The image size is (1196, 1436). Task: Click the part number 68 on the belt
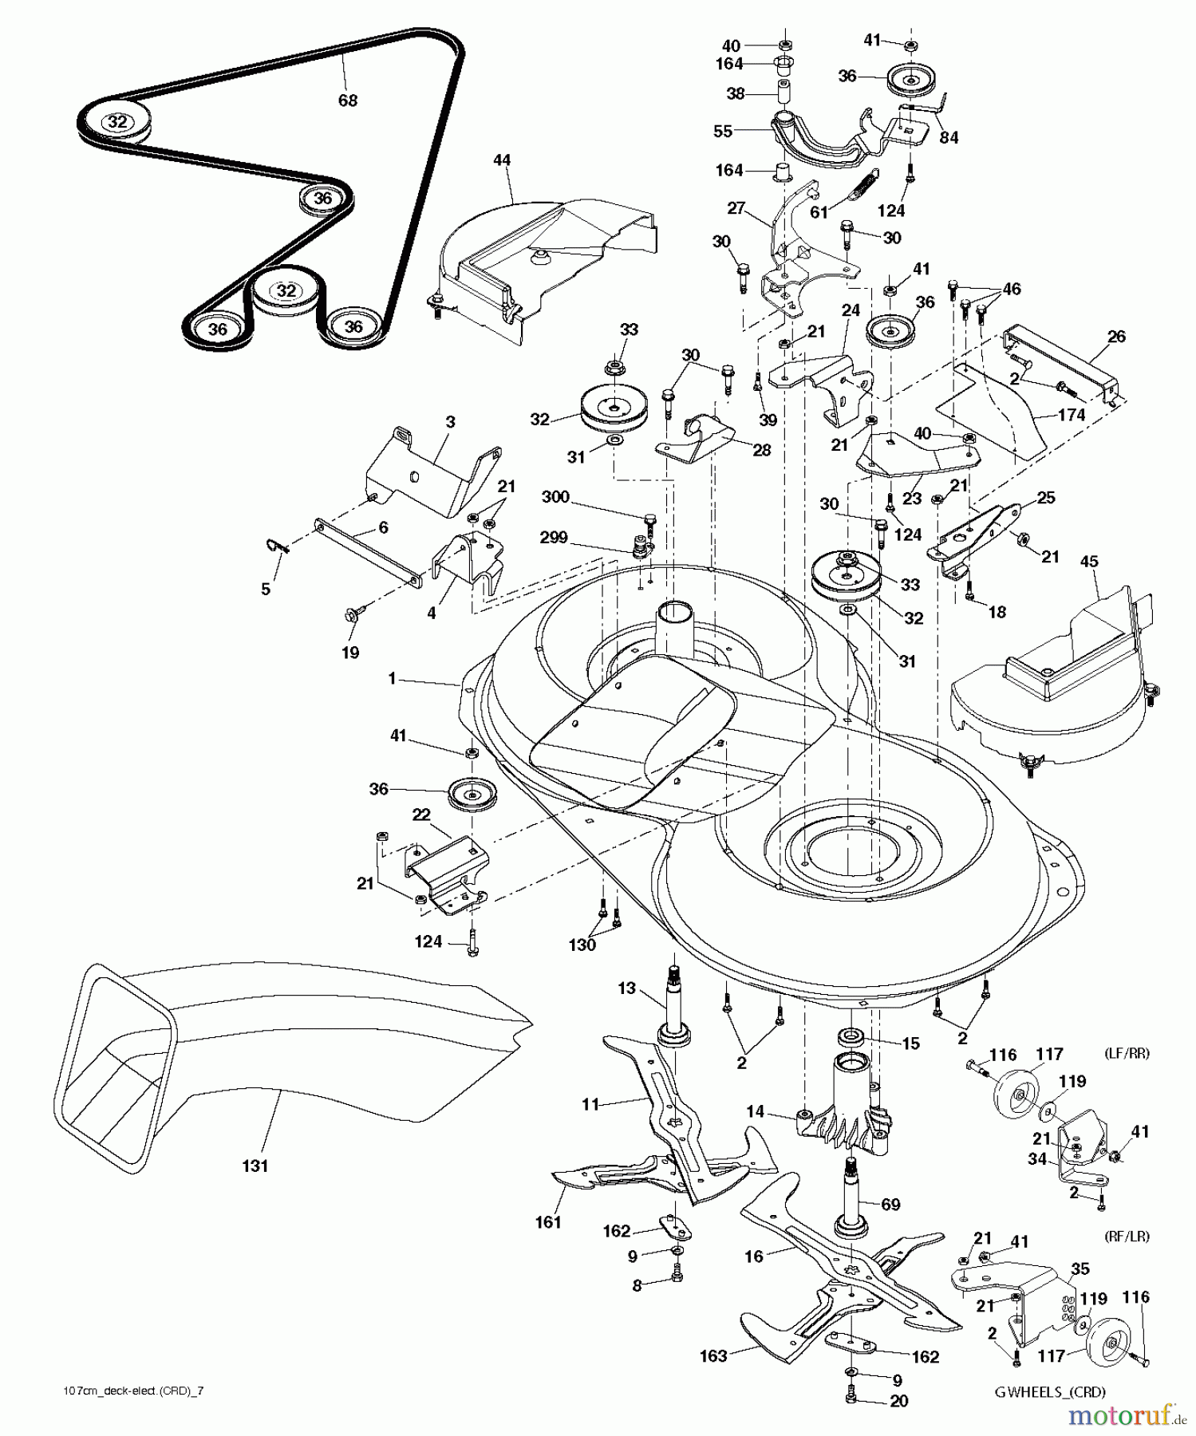pos(348,100)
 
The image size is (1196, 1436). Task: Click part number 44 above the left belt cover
pos(502,160)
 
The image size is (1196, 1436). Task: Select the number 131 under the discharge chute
pos(255,1166)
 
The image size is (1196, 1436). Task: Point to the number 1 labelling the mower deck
pos(392,678)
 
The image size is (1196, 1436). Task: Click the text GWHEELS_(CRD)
pos(1049,1392)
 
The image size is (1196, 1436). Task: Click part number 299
pos(554,538)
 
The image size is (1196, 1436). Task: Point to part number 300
pos(555,497)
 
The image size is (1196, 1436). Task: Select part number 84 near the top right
pos(949,137)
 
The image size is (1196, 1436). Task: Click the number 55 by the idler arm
pos(723,131)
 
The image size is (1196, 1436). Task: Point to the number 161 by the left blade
pos(549,1221)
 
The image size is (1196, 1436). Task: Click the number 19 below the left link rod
pos(350,652)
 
